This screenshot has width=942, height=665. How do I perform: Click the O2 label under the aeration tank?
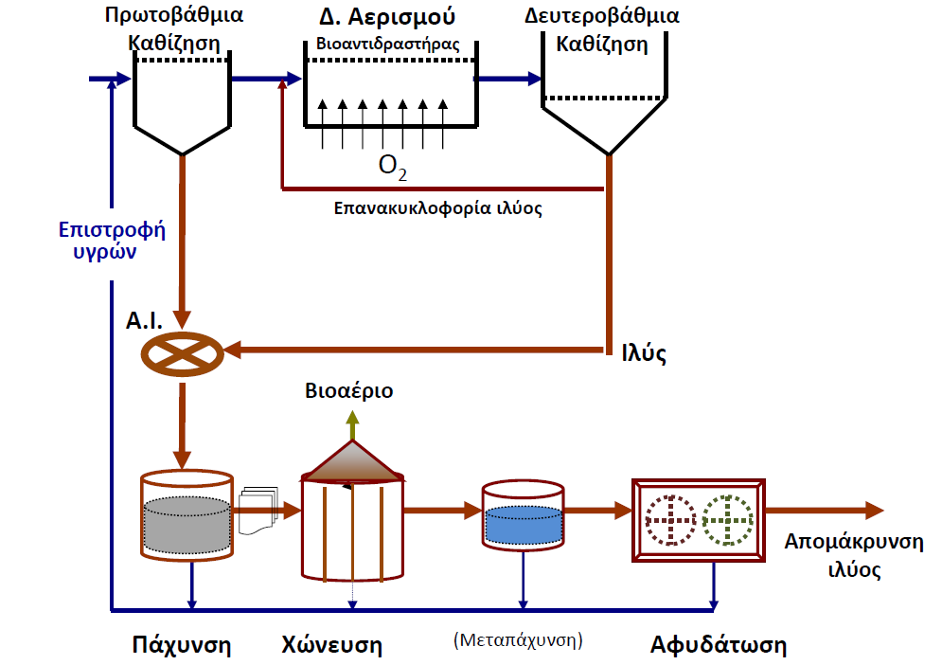click(x=392, y=167)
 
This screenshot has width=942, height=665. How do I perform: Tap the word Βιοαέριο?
click(x=349, y=391)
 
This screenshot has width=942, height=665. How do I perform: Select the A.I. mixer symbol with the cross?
click(x=182, y=354)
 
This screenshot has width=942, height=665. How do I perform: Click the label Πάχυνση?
click(x=182, y=644)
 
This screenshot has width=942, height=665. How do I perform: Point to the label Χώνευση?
click(x=331, y=644)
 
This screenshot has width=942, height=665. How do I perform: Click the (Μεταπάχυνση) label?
click(x=518, y=639)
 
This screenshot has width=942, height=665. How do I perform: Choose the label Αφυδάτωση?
click(x=719, y=644)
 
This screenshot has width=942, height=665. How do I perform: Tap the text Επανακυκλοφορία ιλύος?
click(x=438, y=208)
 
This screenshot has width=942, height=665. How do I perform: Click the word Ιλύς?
click(x=644, y=353)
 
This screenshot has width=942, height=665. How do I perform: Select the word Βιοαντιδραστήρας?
click(x=388, y=44)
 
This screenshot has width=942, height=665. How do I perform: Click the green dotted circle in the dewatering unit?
click(x=727, y=520)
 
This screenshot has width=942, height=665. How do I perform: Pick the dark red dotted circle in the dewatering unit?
click(x=670, y=520)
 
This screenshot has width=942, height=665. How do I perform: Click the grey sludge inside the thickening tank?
click(x=187, y=525)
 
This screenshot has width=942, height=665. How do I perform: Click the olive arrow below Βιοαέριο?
click(x=352, y=425)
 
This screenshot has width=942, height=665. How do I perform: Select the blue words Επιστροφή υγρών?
click(x=112, y=240)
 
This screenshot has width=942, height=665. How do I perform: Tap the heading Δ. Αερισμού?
click(x=387, y=17)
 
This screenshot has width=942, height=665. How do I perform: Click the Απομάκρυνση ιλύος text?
click(x=854, y=555)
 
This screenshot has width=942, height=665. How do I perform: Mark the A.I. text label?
click(x=144, y=320)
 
